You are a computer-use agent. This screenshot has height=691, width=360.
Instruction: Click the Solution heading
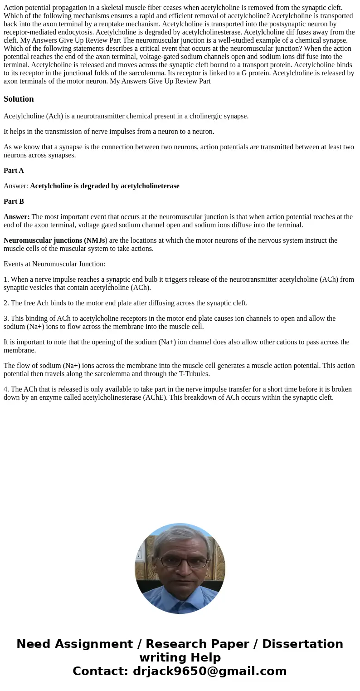pos(19,99)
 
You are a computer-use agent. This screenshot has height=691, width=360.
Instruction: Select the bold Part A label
pos(14,171)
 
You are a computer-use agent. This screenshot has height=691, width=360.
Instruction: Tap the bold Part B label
pos(14,201)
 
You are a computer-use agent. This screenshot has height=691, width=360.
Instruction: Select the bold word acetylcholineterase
pos(150,186)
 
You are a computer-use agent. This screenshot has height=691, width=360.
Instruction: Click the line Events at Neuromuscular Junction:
pos(54,264)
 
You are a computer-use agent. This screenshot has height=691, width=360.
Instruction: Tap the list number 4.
pos(6,389)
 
